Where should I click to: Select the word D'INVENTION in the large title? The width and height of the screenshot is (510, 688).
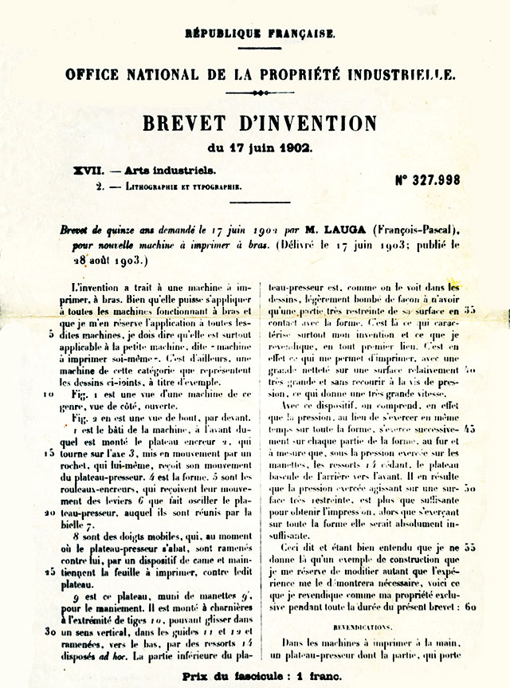pos(306,124)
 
